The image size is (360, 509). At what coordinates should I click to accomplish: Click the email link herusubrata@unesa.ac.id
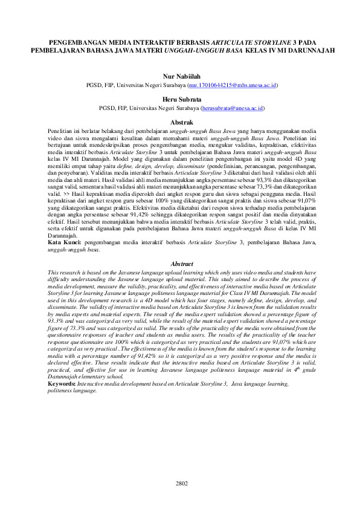(x=233, y=108)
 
